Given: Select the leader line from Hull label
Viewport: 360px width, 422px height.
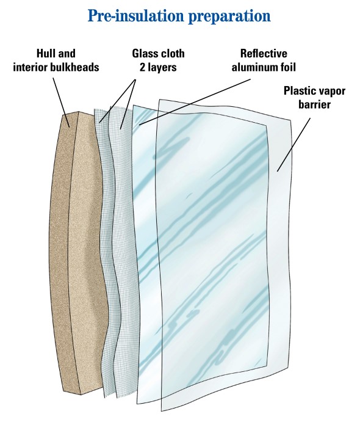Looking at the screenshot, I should [62, 98].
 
